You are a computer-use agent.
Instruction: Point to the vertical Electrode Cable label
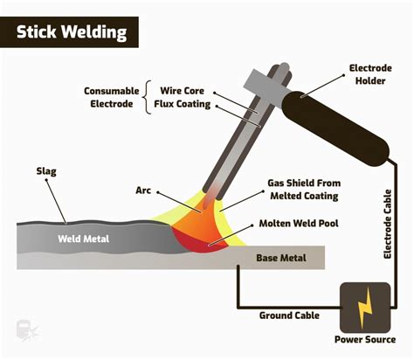[x=388, y=224]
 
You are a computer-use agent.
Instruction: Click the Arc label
[x=143, y=190]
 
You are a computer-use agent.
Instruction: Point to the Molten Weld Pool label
[x=304, y=225]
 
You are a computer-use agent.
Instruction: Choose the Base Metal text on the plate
[x=280, y=259]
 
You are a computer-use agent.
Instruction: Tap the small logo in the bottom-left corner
[x=24, y=330]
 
